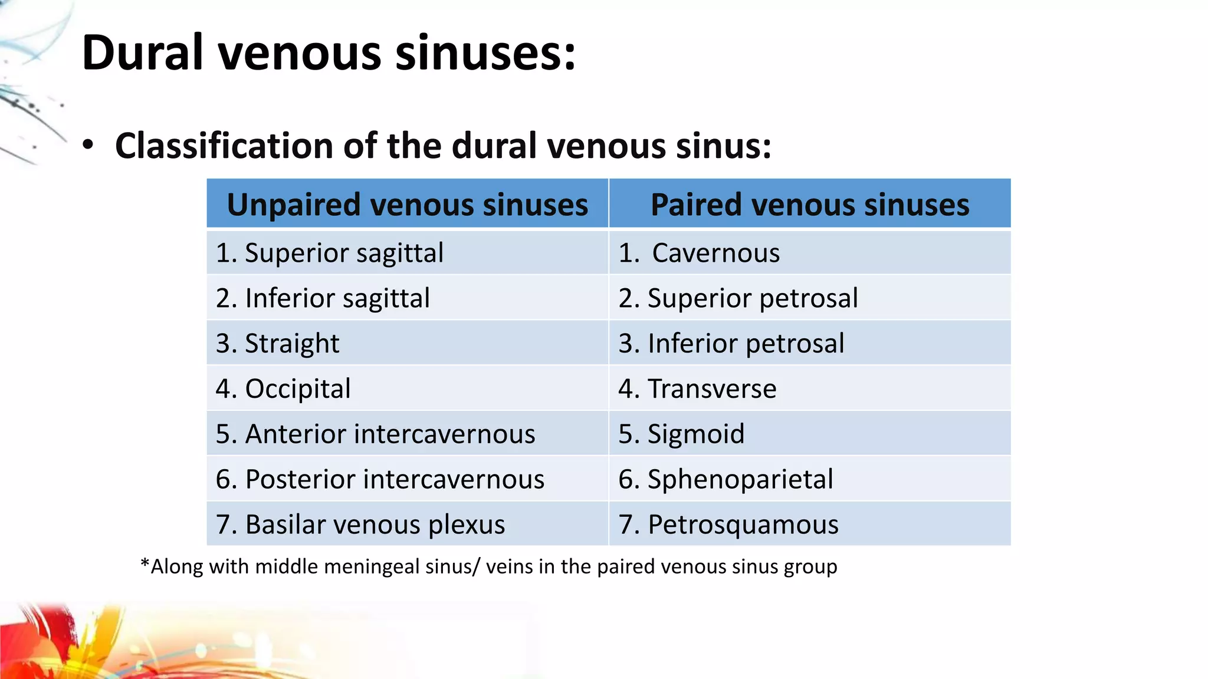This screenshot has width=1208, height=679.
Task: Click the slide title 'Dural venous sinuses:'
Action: click(x=329, y=53)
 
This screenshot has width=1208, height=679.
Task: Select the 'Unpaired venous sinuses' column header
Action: click(x=408, y=205)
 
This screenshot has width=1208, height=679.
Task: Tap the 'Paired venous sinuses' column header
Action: click(x=810, y=205)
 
